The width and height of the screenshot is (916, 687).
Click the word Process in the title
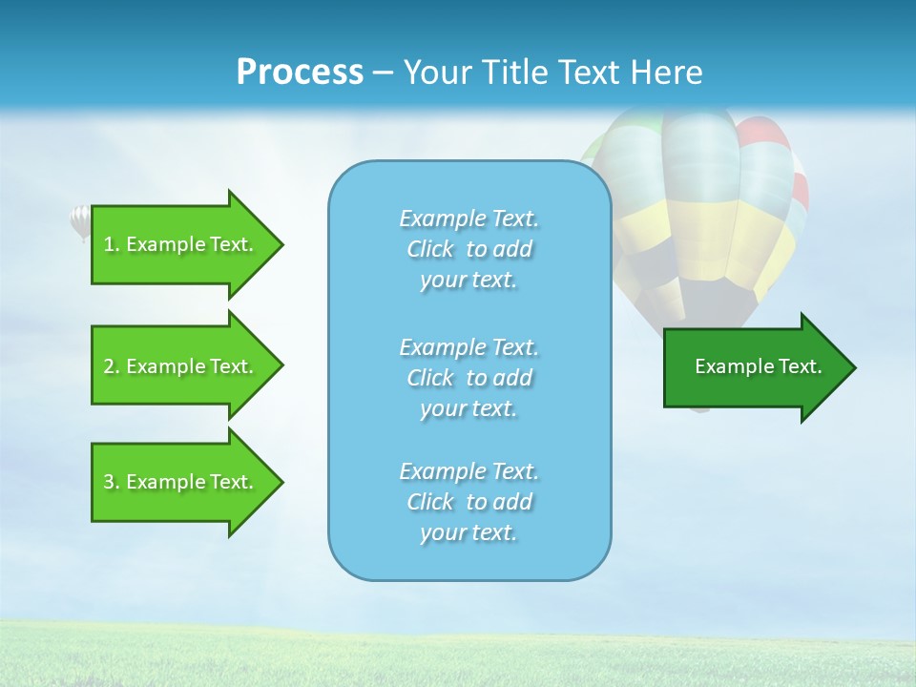300,73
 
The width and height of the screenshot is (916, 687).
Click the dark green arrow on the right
754,367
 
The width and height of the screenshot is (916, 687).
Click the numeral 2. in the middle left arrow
111,366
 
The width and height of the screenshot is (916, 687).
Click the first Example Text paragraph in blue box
468,249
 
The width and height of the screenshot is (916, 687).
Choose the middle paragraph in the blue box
468,378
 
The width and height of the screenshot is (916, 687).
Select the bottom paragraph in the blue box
468,502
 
